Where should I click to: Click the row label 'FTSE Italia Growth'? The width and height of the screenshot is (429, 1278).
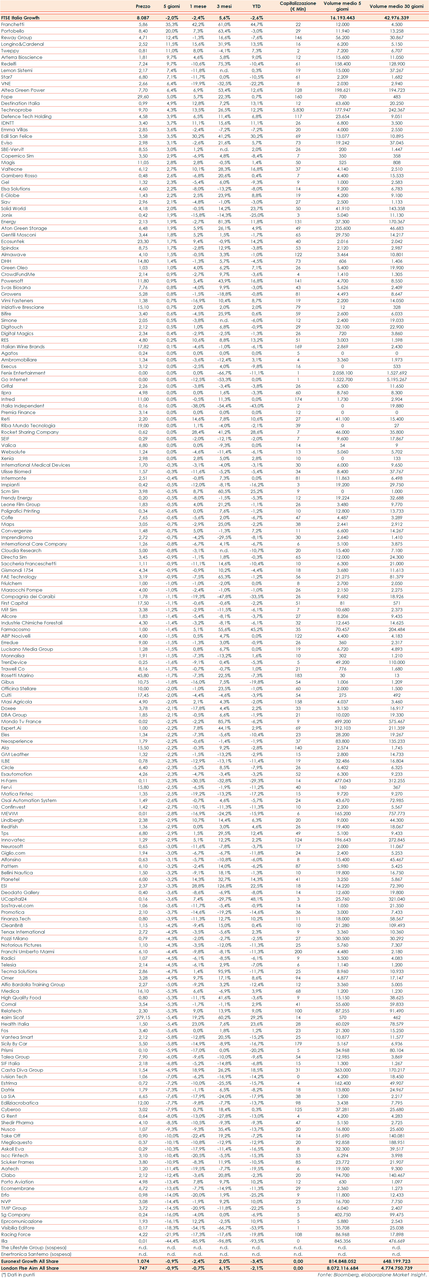[20, 18]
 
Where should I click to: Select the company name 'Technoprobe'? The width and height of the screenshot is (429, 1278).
[16, 110]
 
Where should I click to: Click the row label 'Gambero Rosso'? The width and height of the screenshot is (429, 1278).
[19, 176]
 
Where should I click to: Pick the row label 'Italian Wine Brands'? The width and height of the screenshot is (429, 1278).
[23, 346]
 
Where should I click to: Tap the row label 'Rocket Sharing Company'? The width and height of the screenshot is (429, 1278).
[30, 432]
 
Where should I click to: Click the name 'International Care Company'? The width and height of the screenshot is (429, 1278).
[34, 544]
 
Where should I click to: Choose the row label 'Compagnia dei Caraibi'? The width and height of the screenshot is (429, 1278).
[28, 596]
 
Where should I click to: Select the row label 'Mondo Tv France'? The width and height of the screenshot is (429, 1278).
[21, 721]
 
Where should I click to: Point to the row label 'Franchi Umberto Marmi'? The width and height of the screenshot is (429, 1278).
[28, 951]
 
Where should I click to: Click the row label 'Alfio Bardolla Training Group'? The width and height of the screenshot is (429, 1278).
[33, 984]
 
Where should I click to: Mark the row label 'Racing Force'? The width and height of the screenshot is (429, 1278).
[16, 1234]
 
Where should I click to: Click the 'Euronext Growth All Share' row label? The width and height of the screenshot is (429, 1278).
[30, 1261]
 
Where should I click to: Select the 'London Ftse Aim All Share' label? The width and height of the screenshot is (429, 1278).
[30, 1268]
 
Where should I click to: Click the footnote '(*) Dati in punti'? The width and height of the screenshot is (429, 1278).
[18, 1274]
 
